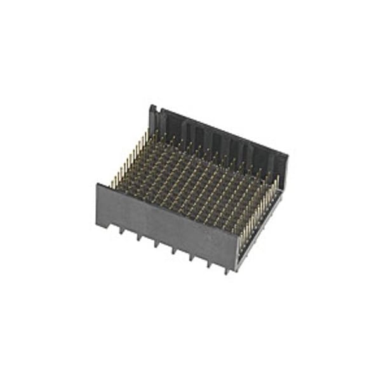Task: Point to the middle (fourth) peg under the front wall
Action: [174, 251]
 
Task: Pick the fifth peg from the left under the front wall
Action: [192, 258]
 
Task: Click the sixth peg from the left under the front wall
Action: [210, 264]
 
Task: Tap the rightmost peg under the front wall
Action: [227, 271]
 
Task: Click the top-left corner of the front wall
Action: [97, 185]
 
